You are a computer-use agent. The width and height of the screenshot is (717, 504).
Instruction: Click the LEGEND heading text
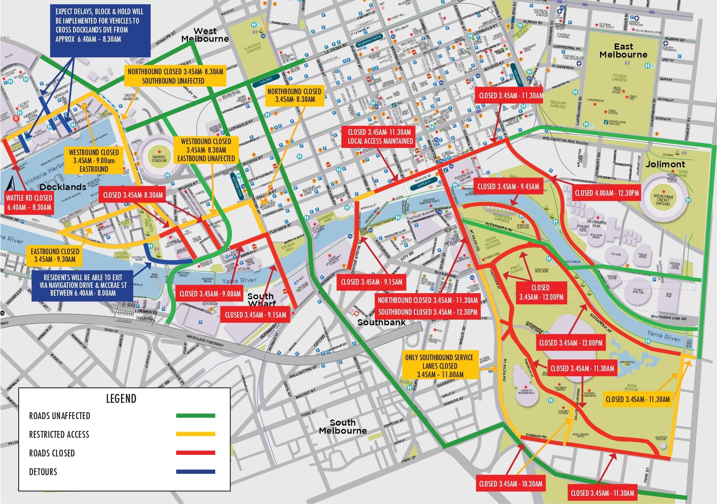click(121, 399)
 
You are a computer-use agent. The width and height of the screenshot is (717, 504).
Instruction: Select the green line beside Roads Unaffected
click(195, 415)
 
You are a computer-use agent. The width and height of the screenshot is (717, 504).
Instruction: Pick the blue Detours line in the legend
click(195, 472)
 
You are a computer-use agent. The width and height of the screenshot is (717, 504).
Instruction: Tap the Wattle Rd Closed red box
click(29, 202)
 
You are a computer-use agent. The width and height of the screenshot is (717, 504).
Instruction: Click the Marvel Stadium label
click(159, 159)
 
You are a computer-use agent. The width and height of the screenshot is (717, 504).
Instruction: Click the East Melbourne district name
click(623, 51)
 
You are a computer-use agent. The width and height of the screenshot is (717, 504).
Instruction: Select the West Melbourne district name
click(205, 35)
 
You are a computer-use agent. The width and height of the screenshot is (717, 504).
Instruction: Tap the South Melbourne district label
click(343, 426)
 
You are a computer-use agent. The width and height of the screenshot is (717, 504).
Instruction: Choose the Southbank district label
click(381, 322)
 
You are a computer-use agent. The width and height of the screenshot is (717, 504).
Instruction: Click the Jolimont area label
click(665, 164)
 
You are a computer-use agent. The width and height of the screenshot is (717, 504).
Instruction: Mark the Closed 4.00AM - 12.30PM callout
click(607, 193)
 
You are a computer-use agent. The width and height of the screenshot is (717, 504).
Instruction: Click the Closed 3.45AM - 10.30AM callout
click(510, 484)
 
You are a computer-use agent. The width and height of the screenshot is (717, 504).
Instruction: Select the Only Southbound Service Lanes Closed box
click(440, 366)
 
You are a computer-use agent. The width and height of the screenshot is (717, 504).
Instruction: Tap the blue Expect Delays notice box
click(99, 30)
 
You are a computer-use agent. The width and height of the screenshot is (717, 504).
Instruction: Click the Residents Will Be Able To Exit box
click(82, 285)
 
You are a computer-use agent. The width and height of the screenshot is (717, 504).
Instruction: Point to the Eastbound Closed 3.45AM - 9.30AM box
click(55, 255)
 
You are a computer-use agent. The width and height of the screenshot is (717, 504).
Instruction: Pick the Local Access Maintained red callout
click(380, 136)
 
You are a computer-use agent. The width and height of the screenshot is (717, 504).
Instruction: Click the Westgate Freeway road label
click(205, 340)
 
